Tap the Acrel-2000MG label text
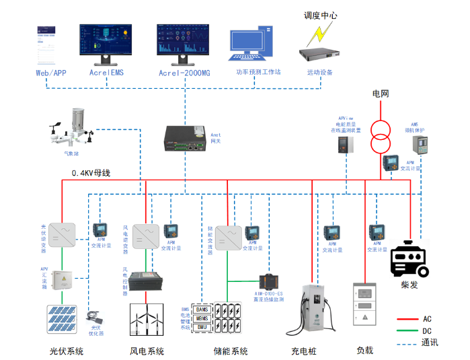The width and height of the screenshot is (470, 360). [x=184, y=73]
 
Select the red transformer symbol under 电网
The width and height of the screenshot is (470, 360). [x=381, y=135]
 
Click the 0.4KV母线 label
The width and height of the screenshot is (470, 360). [x=91, y=174]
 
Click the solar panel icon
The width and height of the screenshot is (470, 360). [x=64, y=320]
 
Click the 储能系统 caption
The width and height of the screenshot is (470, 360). [x=231, y=351]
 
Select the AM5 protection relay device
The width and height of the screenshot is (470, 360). [x=418, y=145]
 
